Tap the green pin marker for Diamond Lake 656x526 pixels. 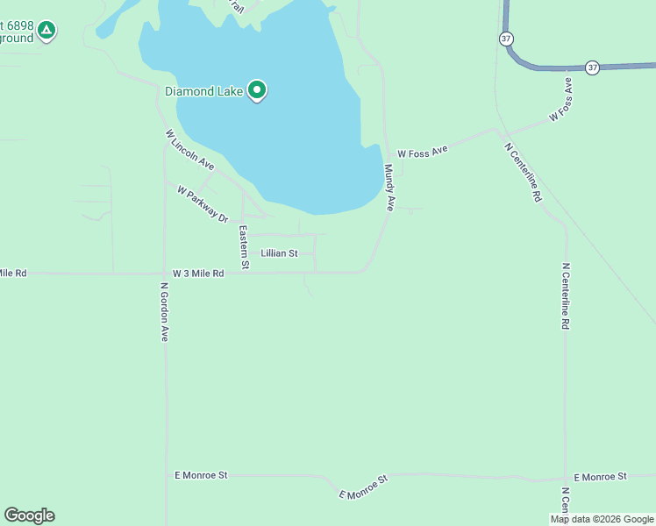point(257,90)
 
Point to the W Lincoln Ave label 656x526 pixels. point(189,150)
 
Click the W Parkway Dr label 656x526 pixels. point(202,203)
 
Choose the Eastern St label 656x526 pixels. point(245,247)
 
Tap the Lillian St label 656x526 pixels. point(279,253)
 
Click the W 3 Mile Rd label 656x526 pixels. point(198,274)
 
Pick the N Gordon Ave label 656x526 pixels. point(164,311)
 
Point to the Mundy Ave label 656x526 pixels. point(389,188)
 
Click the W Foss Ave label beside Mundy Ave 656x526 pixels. point(422,151)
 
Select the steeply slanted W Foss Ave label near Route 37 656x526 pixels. point(561,99)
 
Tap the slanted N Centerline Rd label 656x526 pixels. point(524,173)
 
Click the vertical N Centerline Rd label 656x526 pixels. point(566,296)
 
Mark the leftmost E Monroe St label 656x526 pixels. point(201,475)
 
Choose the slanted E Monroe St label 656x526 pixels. point(364,487)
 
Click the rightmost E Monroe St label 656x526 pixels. point(601,476)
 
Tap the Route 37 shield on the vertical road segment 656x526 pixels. point(506,39)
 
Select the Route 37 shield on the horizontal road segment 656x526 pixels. point(593,68)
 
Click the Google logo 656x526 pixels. point(29,515)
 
